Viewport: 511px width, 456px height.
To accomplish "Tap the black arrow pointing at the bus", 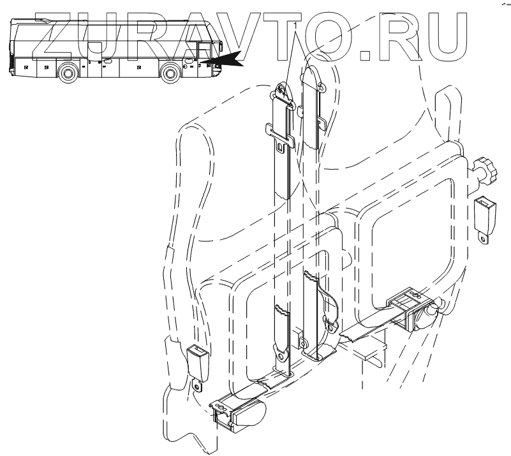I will tap(228, 59).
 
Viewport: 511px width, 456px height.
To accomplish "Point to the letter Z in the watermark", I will tap(60, 36).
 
